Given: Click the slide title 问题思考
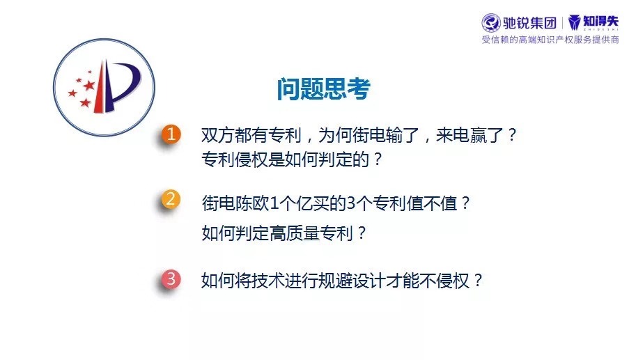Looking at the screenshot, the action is pos(324,89).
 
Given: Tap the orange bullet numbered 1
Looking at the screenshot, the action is pos(171,134).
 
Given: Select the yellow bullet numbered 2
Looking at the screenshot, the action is pos(171,199).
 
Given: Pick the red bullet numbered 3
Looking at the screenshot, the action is pos(171,279).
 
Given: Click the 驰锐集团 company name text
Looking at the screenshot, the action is pos(529,23).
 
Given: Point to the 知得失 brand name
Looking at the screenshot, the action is pos(600,21).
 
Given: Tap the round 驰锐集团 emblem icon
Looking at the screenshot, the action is pos(491,23).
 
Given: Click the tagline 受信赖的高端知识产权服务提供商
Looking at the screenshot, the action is pos(550,40).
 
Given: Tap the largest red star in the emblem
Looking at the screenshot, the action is pos(89,85).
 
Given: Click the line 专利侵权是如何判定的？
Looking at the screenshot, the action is pos(292,159).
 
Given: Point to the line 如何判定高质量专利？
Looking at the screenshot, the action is pos(284,233).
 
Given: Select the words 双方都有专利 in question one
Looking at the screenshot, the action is pos(251,135).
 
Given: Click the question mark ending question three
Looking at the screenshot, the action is pos(479,281).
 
